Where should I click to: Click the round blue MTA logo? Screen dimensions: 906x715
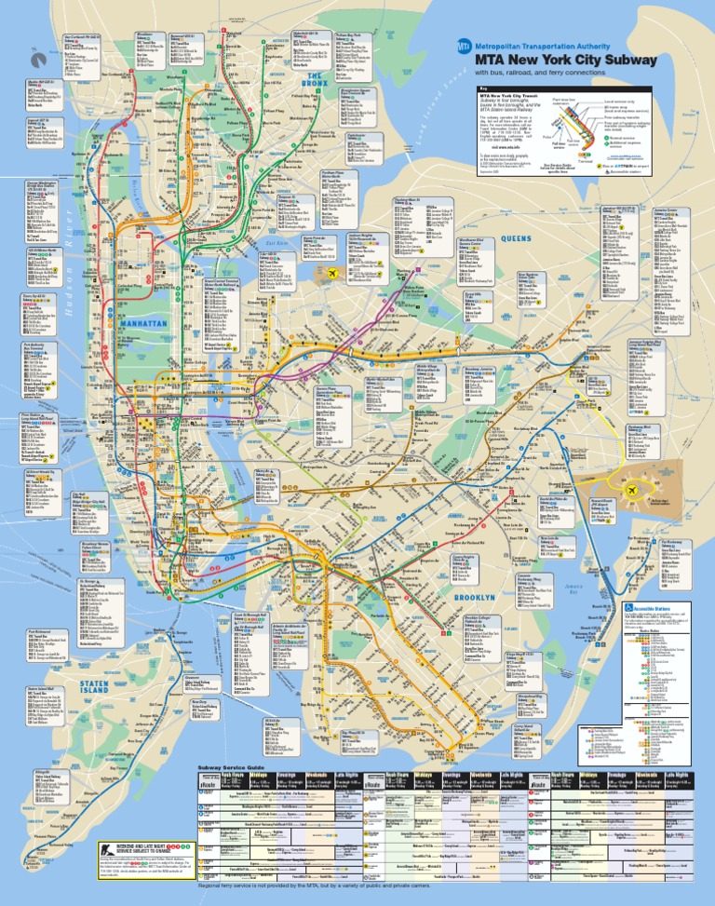point(463,45)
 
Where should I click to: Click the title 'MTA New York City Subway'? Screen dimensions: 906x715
point(566,60)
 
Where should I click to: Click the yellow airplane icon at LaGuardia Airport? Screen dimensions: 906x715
point(331,301)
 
